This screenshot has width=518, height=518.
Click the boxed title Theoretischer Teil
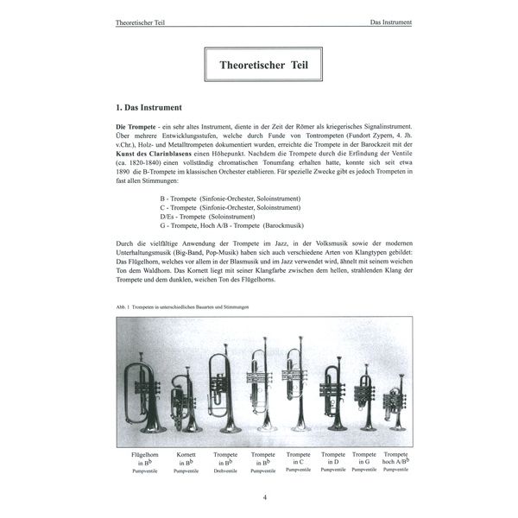(x=258, y=64)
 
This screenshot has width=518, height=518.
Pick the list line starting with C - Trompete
(x=229, y=208)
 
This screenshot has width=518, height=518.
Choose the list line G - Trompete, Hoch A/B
(x=241, y=226)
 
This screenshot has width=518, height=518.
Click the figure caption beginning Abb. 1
(x=176, y=307)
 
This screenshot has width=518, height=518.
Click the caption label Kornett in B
(x=186, y=458)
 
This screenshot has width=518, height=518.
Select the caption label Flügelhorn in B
(x=144, y=458)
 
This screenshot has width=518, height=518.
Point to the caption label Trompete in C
(x=298, y=458)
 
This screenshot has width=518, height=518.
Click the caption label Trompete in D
(x=333, y=458)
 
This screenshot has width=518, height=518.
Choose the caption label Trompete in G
(x=364, y=458)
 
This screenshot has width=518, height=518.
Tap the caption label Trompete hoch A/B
(x=396, y=458)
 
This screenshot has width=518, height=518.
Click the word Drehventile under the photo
(x=227, y=470)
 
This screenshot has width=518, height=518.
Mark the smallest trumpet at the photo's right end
(x=395, y=407)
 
